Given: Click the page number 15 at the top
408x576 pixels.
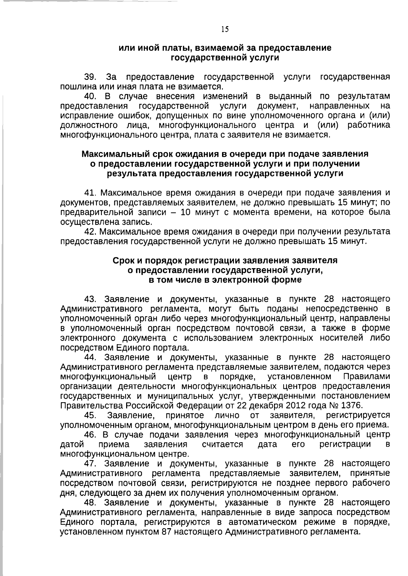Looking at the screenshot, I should click(x=225, y=29).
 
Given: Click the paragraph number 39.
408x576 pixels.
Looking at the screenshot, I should click(x=90, y=77).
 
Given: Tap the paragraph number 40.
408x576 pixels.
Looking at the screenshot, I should click(x=90, y=96).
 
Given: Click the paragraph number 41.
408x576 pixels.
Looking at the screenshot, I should click(x=90, y=193).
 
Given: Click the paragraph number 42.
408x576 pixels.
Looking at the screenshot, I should click(x=90, y=232).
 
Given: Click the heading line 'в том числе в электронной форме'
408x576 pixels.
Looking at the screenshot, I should click(x=225, y=280).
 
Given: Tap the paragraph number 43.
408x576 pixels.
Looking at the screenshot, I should click(x=90, y=299).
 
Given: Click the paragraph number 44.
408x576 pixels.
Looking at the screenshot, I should click(x=90, y=357).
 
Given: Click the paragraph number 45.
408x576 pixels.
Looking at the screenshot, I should click(x=90, y=415).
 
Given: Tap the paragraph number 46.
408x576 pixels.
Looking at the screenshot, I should click(x=90, y=435).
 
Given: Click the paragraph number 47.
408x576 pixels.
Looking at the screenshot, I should click(x=90, y=464).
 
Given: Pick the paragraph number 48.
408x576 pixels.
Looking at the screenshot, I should click(x=90, y=503).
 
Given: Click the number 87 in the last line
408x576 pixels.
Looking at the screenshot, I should click(x=168, y=532).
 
